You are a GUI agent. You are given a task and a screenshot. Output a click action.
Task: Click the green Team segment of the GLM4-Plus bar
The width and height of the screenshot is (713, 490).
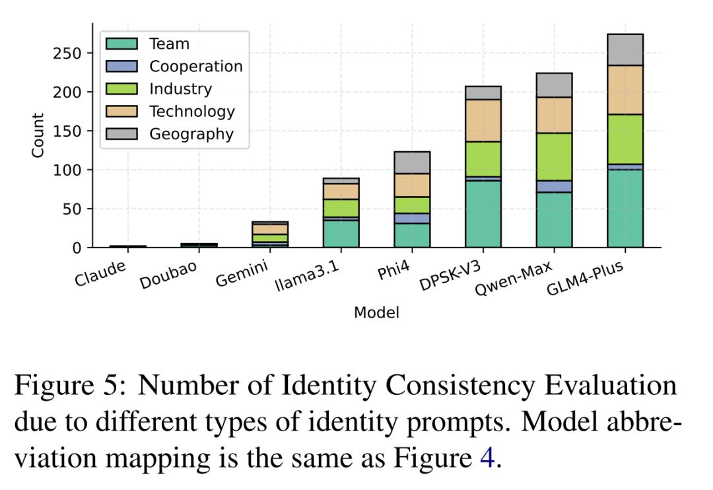click(625, 209)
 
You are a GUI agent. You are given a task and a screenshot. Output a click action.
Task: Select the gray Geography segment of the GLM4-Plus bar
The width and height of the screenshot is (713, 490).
click(625, 50)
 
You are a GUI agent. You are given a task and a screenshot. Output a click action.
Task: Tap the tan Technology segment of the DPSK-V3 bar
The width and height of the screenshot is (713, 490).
click(483, 120)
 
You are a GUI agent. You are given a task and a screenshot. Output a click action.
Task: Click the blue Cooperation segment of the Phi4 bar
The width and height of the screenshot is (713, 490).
click(411, 218)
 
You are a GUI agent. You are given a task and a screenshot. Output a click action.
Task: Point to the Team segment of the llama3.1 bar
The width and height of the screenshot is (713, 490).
click(341, 234)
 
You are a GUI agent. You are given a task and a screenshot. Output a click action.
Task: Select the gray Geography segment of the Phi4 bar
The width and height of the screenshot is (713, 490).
click(411, 162)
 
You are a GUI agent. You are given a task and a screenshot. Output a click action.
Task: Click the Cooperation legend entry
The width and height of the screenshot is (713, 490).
click(195, 67)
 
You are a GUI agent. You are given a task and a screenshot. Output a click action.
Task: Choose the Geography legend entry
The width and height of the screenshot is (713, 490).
click(191, 134)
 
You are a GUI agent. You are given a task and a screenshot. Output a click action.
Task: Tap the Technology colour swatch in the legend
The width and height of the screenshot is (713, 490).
click(122, 112)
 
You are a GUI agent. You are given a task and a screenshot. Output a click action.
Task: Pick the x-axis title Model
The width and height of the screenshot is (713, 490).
click(376, 312)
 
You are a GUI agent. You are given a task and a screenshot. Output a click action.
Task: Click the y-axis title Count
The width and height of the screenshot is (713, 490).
click(38, 135)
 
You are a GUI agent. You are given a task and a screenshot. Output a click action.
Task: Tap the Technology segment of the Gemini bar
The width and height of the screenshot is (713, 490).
click(269, 229)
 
